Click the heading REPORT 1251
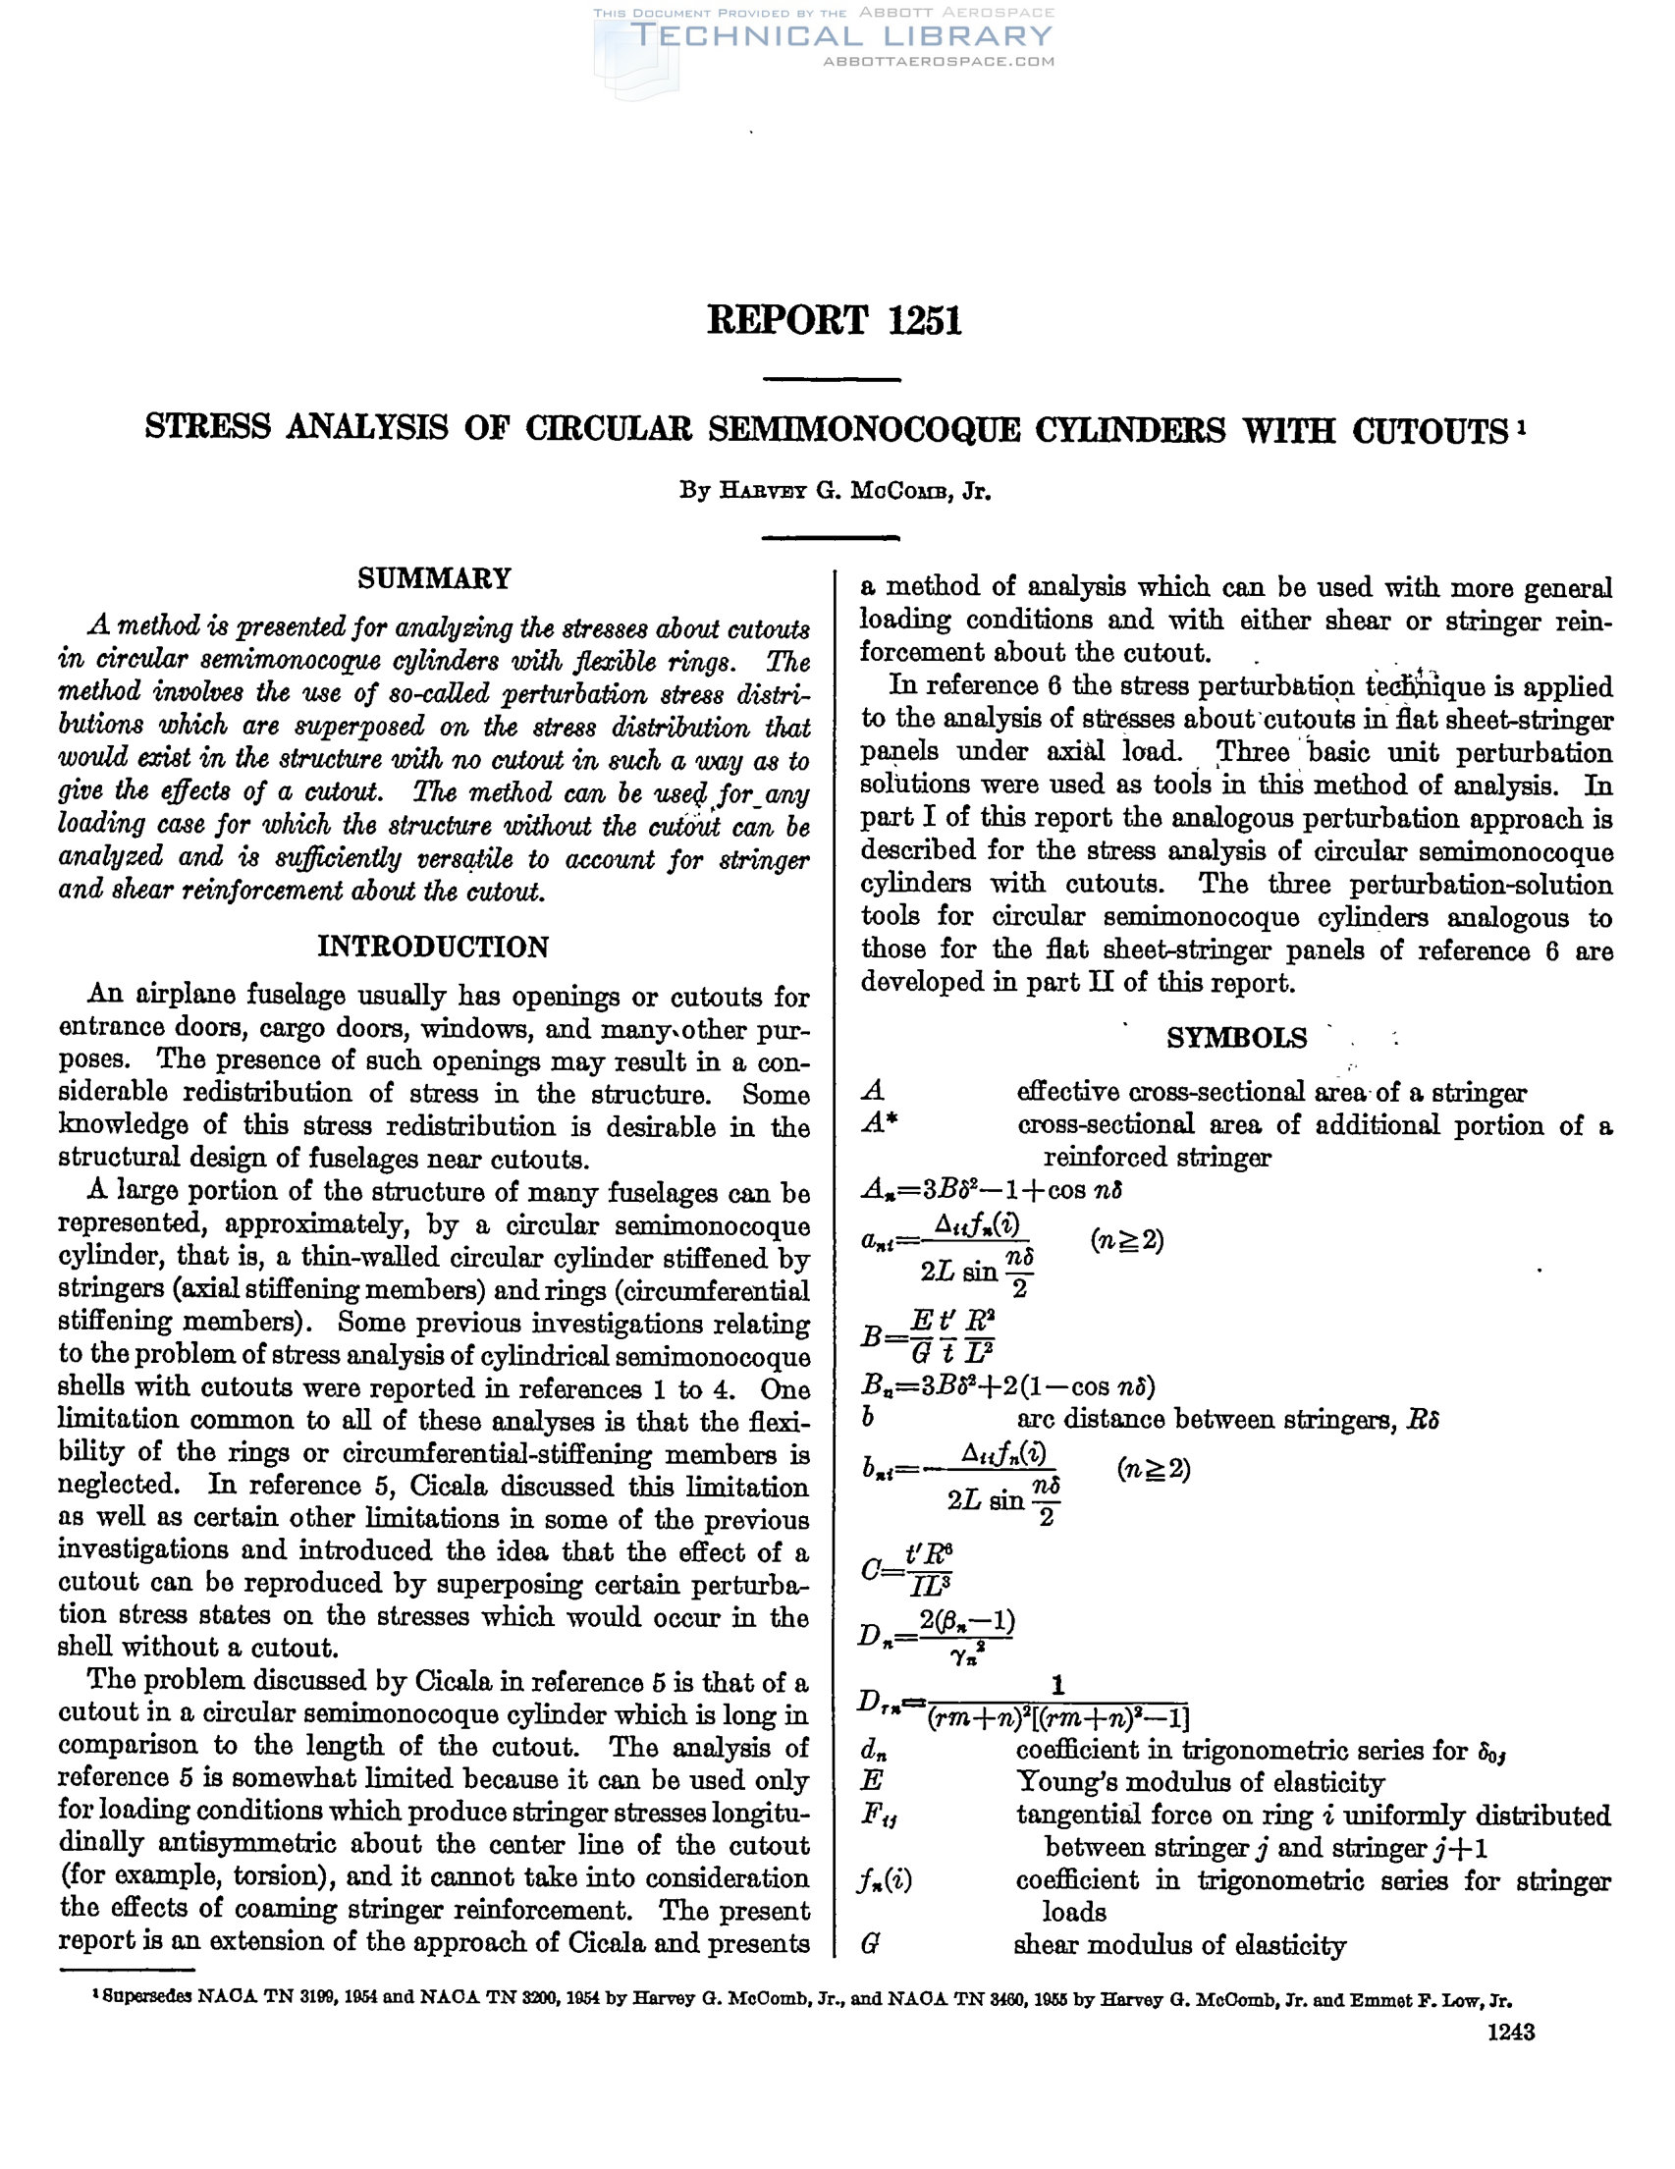(x=834, y=320)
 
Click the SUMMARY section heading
(x=434, y=578)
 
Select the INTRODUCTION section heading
(x=433, y=947)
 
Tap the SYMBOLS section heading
(x=1236, y=1038)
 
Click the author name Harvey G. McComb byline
(x=835, y=491)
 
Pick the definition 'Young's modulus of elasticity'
(x=1200, y=1783)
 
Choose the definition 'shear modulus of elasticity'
(x=1179, y=1945)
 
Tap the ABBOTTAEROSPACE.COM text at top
(x=939, y=62)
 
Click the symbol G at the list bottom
(x=870, y=1945)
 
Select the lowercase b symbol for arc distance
(x=869, y=1419)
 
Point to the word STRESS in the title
(x=207, y=428)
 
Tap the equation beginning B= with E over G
(x=929, y=1336)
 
